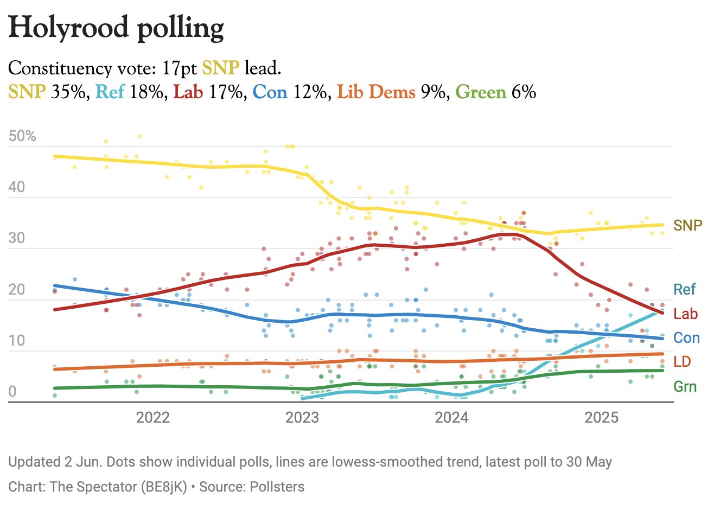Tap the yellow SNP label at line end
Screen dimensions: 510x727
click(687, 225)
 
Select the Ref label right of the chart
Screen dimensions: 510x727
click(684, 289)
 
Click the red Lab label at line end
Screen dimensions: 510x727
click(685, 314)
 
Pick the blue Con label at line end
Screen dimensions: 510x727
click(686, 338)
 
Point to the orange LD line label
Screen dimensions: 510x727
click(682, 362)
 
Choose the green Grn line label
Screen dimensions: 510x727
click(685, 387)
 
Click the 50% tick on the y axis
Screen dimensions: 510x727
click(22, 136)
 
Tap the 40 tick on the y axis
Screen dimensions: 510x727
click(17, 187)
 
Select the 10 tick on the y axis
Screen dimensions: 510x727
click(17, 341)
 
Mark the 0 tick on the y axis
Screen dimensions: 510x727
click(12, 392)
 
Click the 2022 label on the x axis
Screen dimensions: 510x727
click(153, 417)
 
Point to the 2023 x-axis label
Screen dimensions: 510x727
click(302, 417)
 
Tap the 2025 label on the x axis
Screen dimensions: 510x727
click(601, 417)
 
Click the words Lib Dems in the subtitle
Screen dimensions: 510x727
click(376, 92)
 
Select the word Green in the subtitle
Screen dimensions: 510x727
click(481, 92)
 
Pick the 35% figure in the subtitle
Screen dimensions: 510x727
click(68, 92)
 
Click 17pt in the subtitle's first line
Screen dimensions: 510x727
click(179, 68)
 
